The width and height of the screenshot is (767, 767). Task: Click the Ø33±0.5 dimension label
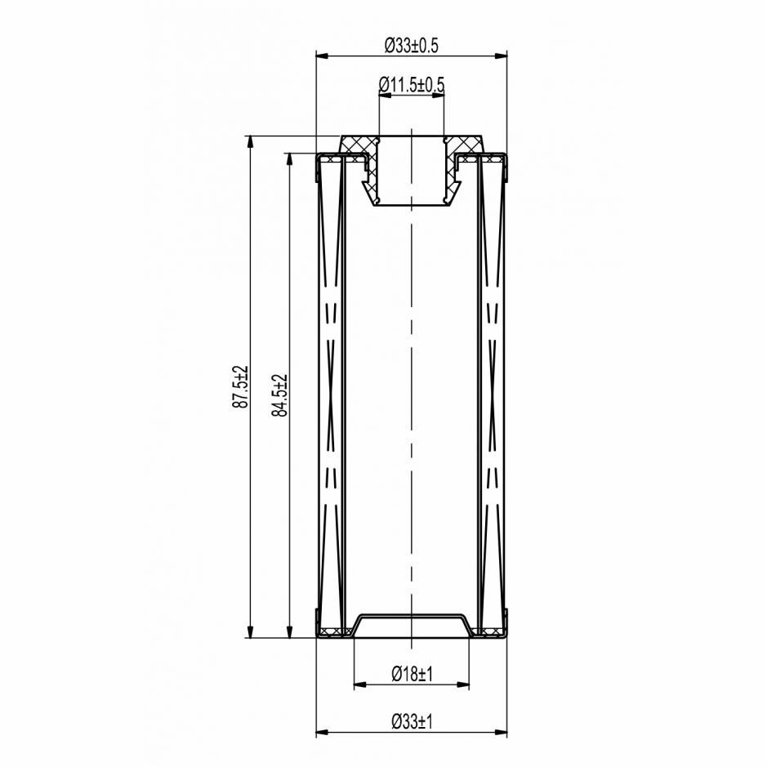tap(412, 46)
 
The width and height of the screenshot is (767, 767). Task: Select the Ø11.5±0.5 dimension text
tap(412, 85)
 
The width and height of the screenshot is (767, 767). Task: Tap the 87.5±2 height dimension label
tap(241, 386)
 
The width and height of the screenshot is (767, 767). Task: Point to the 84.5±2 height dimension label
tap(280, 395)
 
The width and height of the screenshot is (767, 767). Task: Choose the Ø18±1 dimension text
tap(412, 674)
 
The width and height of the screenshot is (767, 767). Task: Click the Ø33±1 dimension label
tap(412, 721)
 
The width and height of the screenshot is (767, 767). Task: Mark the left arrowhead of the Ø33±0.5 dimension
tap(322, 56)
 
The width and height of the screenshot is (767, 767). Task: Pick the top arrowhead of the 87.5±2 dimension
tap(250, 142)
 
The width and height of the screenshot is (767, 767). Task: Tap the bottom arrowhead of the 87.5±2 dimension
tap(250, 631)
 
